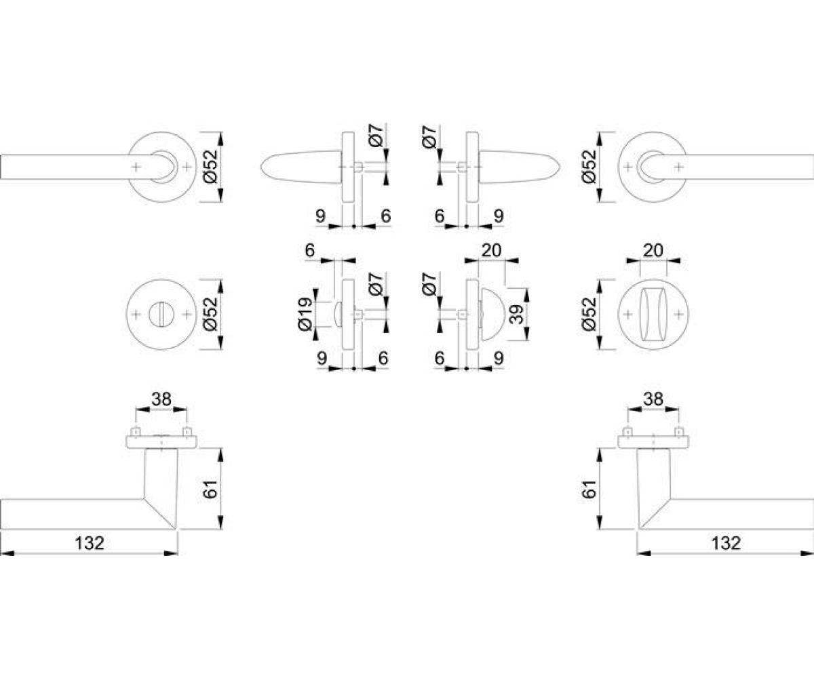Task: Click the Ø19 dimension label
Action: point(305,314)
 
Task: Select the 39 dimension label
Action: point(516,314)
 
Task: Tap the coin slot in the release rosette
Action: point(161,314)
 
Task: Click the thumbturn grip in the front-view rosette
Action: point(653,315)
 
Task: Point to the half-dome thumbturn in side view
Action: point(492,314)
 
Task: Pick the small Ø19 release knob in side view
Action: point(338,314)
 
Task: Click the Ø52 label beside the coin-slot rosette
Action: point(210,314)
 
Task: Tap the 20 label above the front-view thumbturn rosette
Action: point(653,250)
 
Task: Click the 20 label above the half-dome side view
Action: point(491,250)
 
